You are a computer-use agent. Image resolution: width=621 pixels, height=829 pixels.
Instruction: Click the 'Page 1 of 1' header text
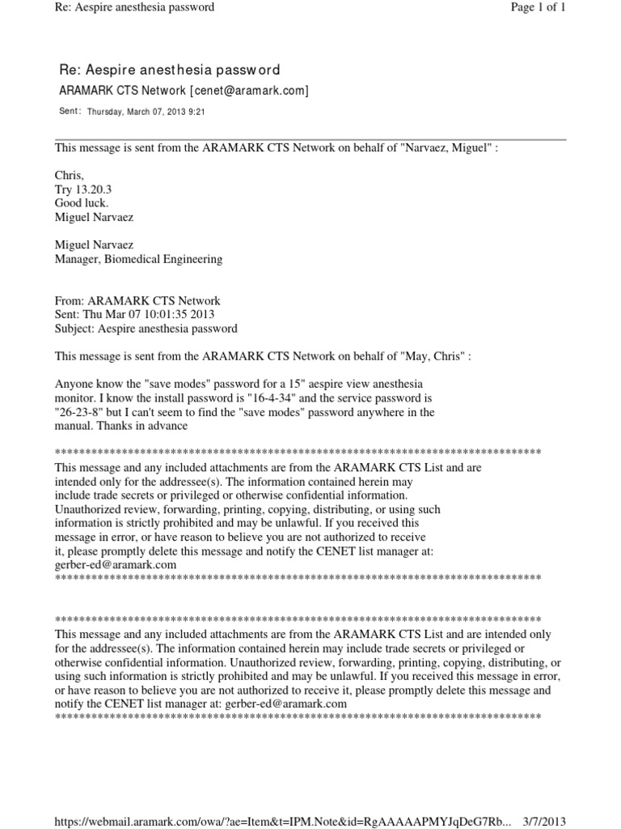(x=538, y=7)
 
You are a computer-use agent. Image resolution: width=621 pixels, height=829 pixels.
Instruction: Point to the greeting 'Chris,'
(x=69, y=175)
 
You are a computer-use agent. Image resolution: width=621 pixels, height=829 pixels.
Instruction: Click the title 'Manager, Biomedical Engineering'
(x=137, y=260)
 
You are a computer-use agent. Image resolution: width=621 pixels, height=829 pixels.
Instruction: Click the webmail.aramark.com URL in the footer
(x=283, y=821)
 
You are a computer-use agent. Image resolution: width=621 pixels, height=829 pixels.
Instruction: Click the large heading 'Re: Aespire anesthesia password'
(x=171, y=71)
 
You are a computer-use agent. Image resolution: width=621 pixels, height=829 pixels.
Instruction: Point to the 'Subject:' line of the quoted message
(x=146, y=329)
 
